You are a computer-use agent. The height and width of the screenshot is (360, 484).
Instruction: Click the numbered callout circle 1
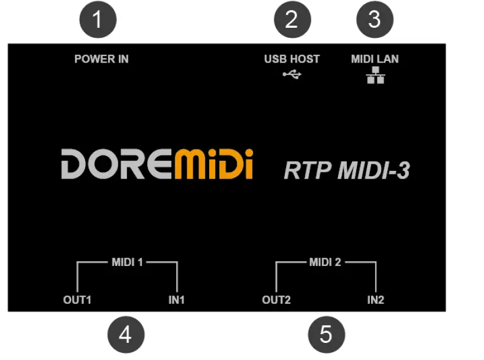[98, 20]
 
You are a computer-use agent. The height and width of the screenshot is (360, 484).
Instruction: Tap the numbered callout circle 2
[291, 20]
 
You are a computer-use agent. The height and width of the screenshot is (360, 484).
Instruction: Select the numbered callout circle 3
[375, 20]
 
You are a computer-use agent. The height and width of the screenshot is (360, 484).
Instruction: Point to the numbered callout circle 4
[125, 335]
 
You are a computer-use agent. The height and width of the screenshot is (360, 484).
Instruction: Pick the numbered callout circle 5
[326, 335]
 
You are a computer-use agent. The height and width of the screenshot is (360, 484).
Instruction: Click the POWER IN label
[101, 59]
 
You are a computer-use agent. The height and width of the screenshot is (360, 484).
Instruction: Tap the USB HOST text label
[291, 59]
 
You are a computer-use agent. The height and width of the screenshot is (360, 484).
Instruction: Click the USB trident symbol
[292, 74]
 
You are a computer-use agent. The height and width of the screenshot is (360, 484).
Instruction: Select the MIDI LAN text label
[375, 59]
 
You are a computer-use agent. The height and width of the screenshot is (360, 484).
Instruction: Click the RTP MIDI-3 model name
[347, 170]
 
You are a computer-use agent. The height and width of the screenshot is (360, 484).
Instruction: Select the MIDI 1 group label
[128, 262]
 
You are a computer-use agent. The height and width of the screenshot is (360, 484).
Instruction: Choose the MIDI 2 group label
[325, 262]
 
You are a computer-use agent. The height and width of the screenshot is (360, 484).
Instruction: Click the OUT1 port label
[77, 300]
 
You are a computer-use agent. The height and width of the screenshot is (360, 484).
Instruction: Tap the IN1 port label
[177, 300]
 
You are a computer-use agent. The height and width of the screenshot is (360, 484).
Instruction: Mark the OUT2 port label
[276, 300]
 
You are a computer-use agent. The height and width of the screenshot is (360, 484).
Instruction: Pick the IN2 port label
[375, 300]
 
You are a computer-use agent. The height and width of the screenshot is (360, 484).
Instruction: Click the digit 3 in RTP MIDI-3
[403, 170]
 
